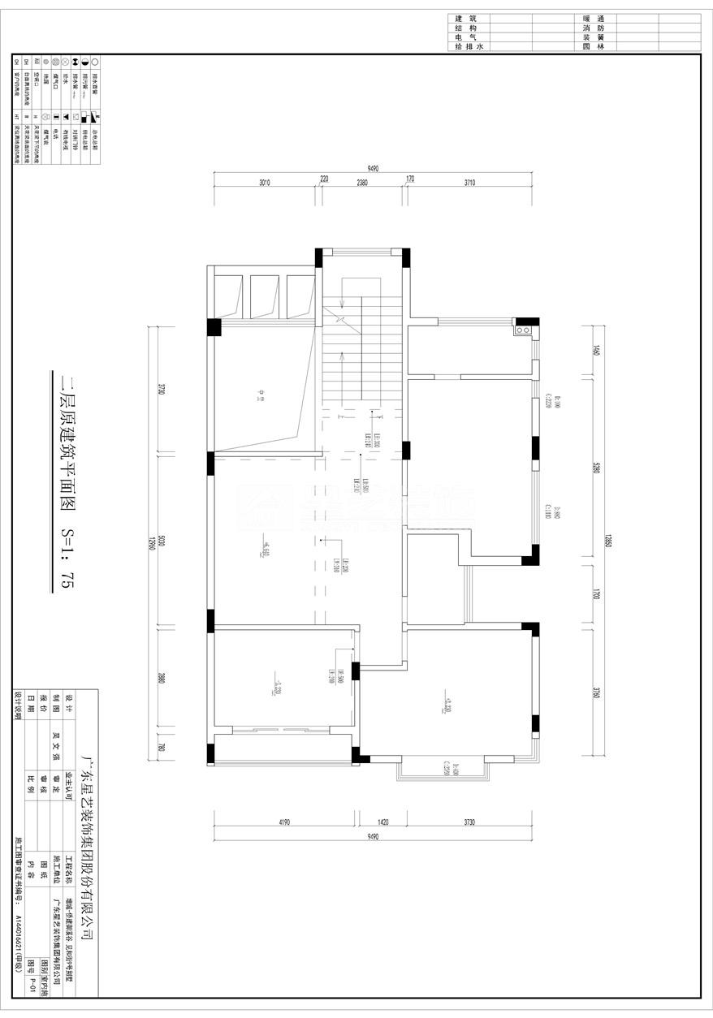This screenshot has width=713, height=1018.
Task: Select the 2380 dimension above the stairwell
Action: (362, 183)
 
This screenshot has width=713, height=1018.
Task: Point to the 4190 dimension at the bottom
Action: (284, 822)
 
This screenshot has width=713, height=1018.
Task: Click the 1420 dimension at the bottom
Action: (383, 822)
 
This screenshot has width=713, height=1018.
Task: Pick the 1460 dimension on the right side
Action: (596, 351)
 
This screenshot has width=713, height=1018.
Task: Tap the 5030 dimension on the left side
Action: (162, 541)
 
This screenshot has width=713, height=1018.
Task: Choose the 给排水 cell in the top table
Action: (469, 47)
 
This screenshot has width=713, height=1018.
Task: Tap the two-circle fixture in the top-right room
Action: (524, 330)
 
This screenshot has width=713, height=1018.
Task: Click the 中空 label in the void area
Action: (261, 396)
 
